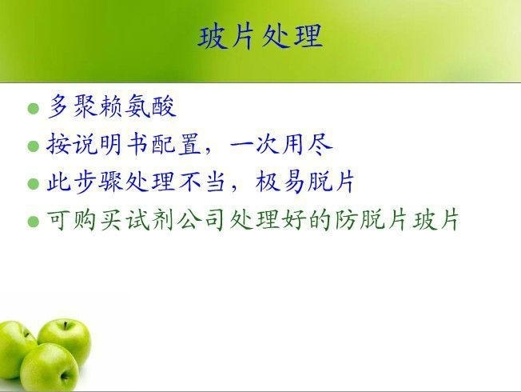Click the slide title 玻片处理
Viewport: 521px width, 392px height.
click(260, 36)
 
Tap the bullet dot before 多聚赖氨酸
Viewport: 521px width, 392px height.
click(34, 109)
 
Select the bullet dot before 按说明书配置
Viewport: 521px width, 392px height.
click(34, 146)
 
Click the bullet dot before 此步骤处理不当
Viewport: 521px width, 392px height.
click(34, 183)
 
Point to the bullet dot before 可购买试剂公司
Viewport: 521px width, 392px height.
click(34, 222)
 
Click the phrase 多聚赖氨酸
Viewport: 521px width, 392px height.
click(112, 106)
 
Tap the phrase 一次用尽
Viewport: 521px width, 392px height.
click(281, 144)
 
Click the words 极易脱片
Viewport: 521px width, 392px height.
click(305, 182)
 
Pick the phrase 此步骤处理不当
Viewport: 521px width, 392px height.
click(136, 182)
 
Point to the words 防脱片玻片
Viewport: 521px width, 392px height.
click(397, 220)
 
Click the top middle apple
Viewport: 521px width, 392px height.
click(65, 338)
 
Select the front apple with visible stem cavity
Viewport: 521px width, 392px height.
click(50, 368)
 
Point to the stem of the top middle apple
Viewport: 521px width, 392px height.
click(66, 325)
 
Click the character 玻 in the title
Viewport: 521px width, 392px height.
click(211, 37)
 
